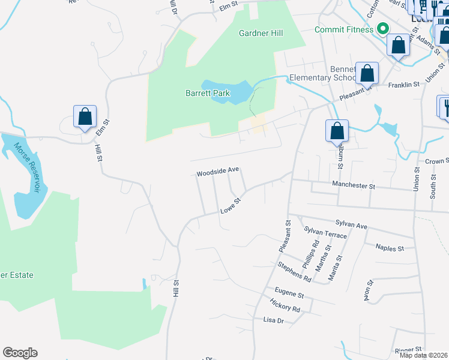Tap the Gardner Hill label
[x=261, y=34]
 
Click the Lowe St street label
[x=230, y=205]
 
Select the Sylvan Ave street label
[x=351, y=225]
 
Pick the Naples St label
[x=390, y=247]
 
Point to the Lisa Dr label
[x=273, y=320]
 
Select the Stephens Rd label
[x=294, y=272]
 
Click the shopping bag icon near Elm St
[x=85, y=116]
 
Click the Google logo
[x=20, y=352]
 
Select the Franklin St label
[x=403, y=85]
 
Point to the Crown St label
[x=437, y=161]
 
